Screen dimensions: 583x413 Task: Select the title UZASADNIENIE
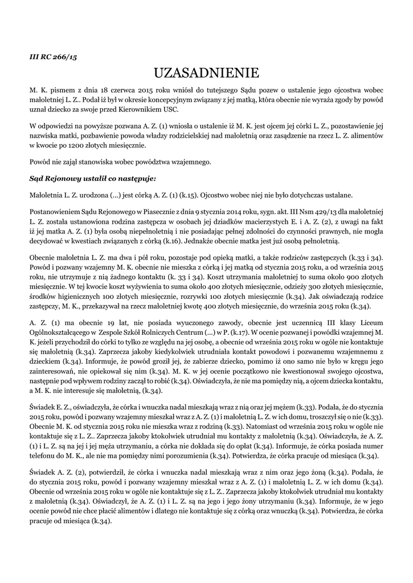pyautogui.click(x=206, y=73)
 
